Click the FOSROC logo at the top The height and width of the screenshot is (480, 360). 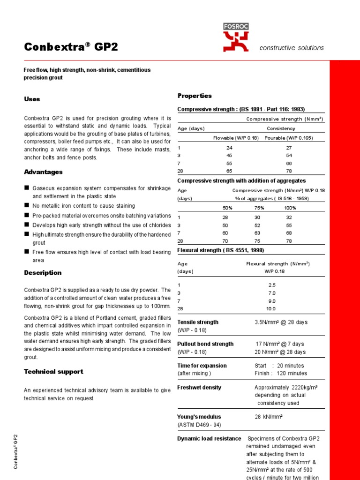click(x=236, y=37)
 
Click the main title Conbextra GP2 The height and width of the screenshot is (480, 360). click(x=71, y=47)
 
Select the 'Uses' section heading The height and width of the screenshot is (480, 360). click(x=32, y=99)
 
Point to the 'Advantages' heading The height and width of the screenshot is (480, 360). click(x=43, y=172)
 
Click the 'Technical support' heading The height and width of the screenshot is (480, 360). click(x=53, y=372)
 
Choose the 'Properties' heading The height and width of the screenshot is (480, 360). click(x=195, y=96)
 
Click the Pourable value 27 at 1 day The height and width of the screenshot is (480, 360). click(x=289, y=148)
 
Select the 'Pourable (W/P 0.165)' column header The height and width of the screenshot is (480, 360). click(x=289, y=138)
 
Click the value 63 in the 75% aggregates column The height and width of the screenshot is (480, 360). click(x=257, y=233)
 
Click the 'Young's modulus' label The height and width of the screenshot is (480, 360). click(x=199, y=417)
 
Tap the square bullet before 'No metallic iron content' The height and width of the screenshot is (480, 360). click(x=27, y=205)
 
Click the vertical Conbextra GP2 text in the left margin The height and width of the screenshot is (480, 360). click(x=15, y=451)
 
